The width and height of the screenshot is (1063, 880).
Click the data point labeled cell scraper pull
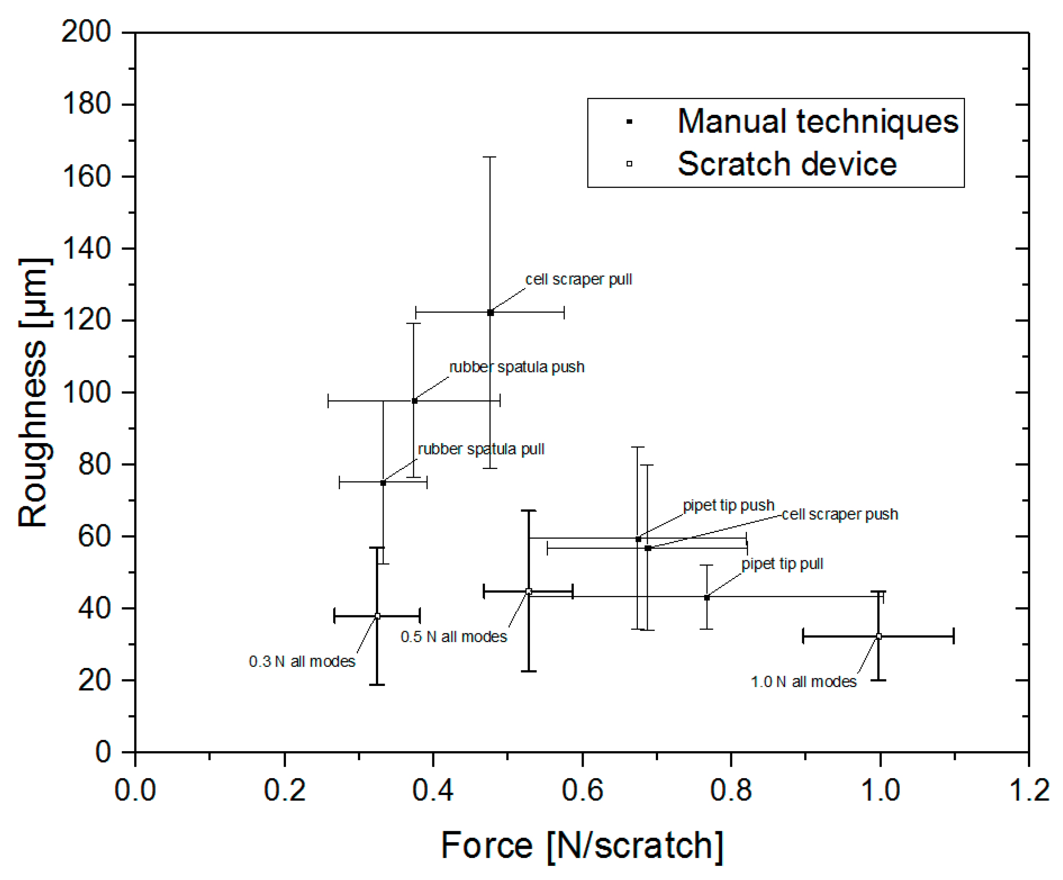tap(490, 312)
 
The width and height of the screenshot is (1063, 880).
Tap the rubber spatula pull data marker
tap(383, 483)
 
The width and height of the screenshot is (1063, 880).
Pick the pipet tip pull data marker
tap(707, 597)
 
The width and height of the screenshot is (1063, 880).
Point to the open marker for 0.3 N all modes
tap(377, 616)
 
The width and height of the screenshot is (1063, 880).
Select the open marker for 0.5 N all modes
tap(528, 591)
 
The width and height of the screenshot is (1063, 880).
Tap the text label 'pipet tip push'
tap(728, 505)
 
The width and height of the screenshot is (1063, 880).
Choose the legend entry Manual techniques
tap(817, 122)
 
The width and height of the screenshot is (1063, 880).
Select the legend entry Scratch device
tap(787, 164)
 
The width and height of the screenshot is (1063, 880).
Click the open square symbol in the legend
tap(629, 164)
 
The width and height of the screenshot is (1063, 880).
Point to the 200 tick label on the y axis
tap(86, 31)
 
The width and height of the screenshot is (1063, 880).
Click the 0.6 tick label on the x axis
tap(582, 790)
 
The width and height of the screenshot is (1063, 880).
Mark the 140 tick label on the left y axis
tap(86, 249)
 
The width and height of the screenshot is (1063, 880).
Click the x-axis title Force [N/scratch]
tap(582, 846)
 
